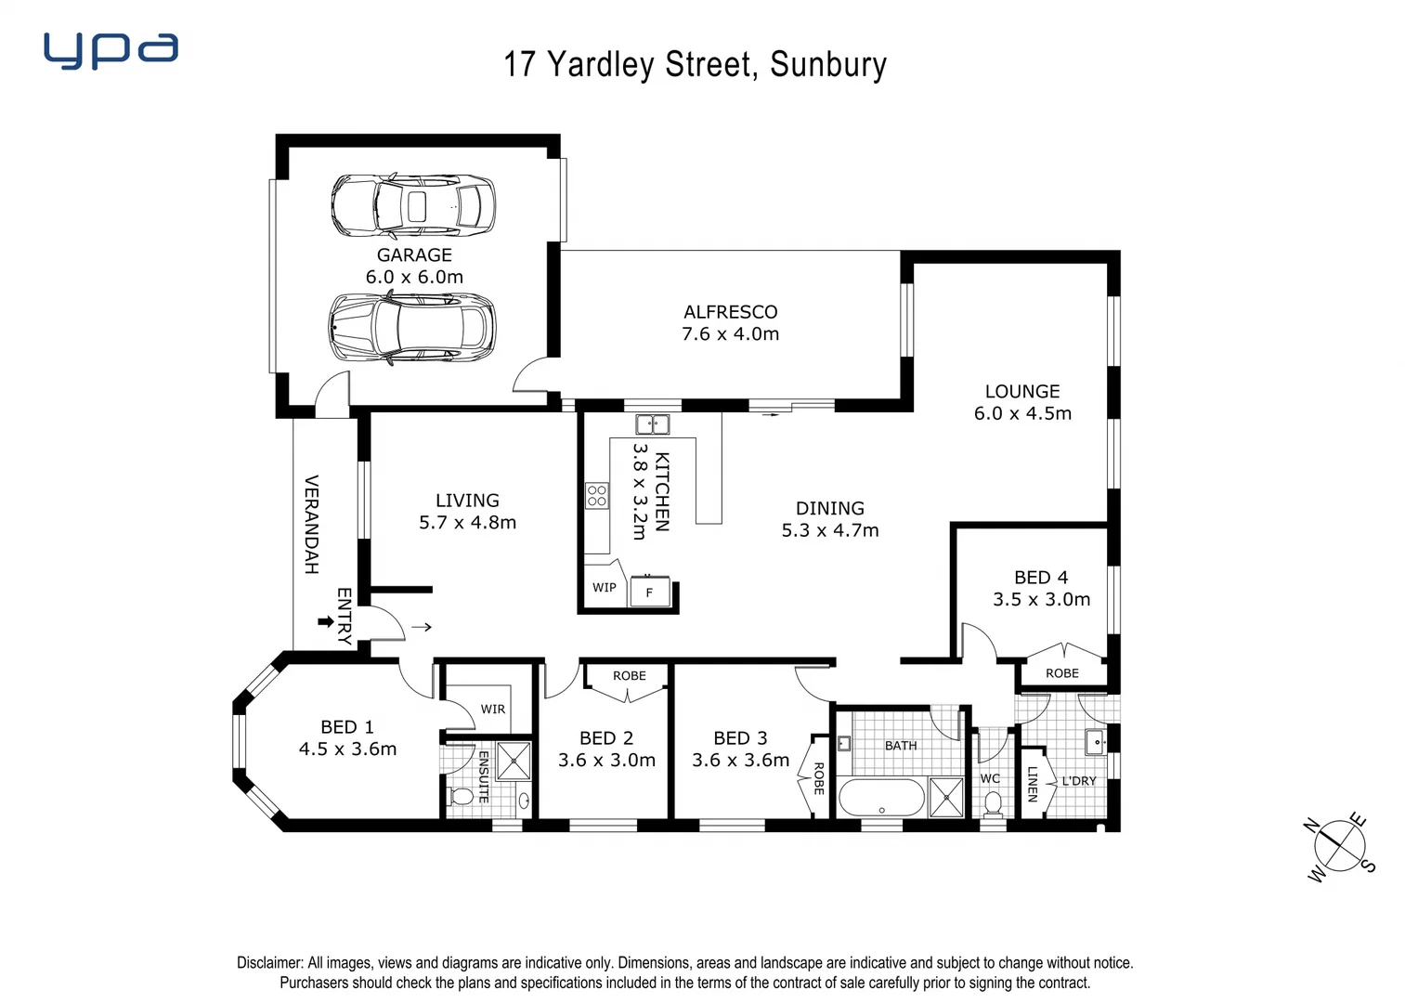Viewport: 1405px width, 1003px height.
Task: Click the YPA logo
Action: (111, 51)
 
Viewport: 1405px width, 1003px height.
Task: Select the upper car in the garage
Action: (413, 205)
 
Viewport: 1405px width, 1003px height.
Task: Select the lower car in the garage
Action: (413, 327)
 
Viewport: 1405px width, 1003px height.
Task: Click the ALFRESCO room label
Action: (730, 312)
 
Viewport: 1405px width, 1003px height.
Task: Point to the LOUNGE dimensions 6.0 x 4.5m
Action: (1022, 414)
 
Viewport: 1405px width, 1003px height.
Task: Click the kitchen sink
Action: (652, 424)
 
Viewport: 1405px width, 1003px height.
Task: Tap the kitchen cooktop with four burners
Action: (596, 495)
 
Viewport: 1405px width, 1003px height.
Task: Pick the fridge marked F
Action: (649, 592)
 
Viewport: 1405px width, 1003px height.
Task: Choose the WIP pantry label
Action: (604, 588)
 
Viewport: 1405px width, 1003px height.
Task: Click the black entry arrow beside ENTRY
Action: (325, 621)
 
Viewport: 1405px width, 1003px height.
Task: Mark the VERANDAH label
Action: (312, 525)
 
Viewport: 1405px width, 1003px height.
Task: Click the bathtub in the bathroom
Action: (881, 798)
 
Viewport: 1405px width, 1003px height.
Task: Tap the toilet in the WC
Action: (993, 803)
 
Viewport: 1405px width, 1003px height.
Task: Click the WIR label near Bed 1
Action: (492, 710)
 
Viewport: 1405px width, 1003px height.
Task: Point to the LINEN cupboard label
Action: (1032, 784)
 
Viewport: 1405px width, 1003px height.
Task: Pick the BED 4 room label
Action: (1041, 578)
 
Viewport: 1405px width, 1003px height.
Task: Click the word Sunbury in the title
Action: (828, 65)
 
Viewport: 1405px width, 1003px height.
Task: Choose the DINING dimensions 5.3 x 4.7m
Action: (830, 531)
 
